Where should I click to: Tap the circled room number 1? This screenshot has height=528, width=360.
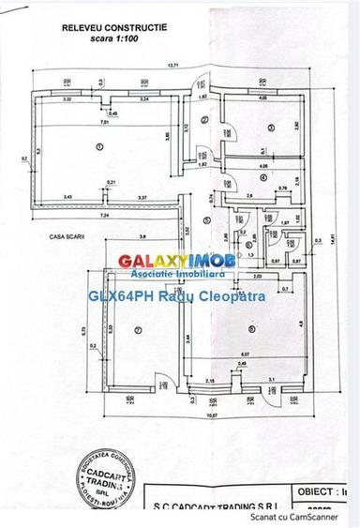tap(97, 146)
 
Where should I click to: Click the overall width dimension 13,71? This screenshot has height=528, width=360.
tap(172, 64)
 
